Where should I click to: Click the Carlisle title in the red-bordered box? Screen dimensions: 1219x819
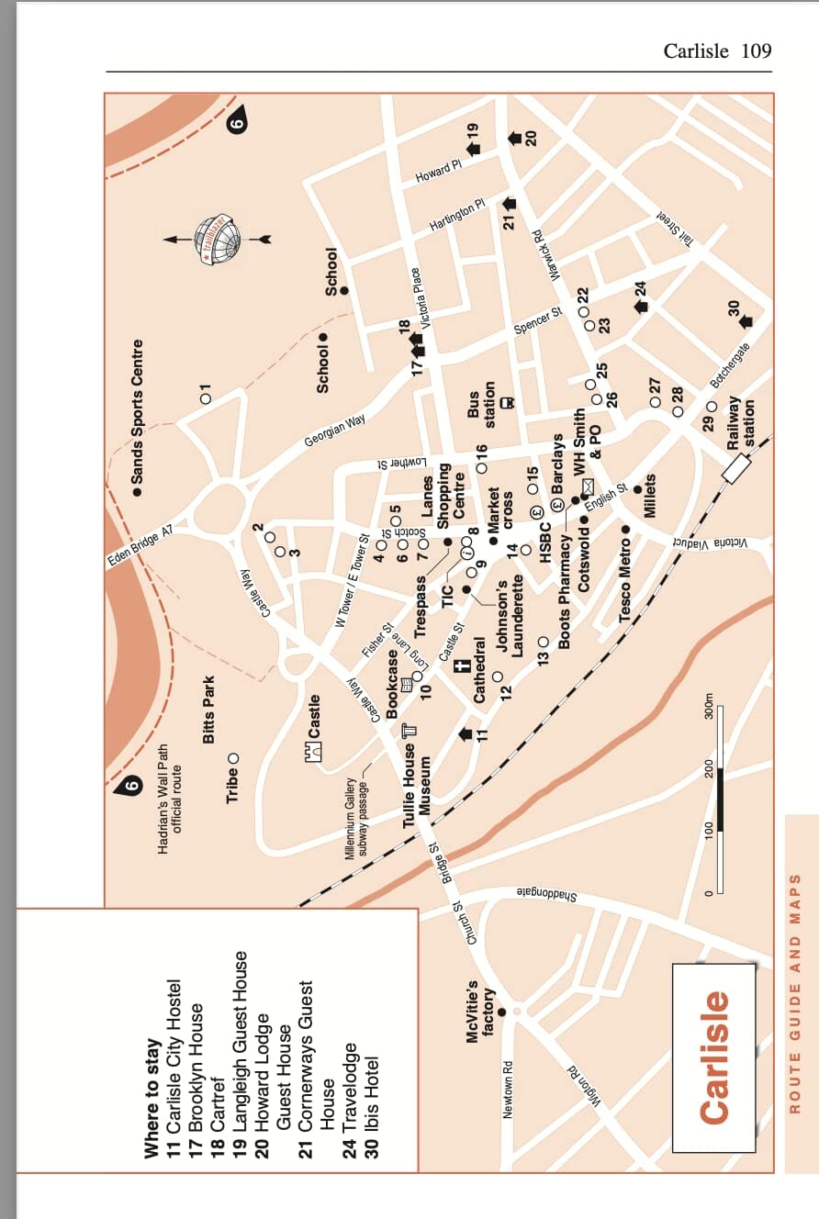(715, 1056)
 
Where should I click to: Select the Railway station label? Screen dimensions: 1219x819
(740, 422)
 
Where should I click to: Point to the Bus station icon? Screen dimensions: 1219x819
(507, 401)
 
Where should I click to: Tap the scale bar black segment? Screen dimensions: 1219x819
(721, 800)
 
